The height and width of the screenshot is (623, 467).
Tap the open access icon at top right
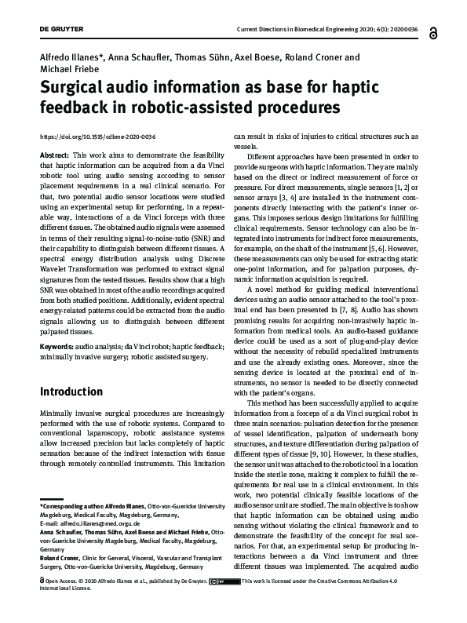[432, 29]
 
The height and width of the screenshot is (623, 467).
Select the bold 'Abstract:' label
[54, 156]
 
